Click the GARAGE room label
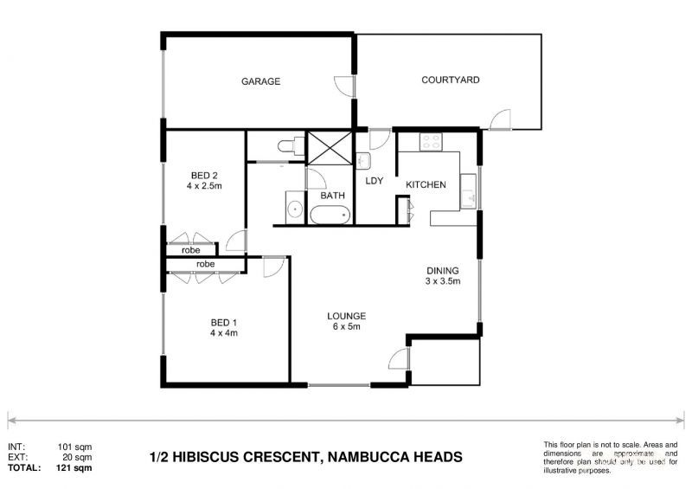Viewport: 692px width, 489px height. point(260,81)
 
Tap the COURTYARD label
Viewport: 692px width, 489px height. point(450,80)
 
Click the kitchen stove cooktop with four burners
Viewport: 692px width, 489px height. point(430,141)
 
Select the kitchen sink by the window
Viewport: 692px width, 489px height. point(468,190)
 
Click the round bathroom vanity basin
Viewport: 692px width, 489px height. point(293,208)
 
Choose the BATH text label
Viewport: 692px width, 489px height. point(332,196)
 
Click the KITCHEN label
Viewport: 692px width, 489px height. point(426,185)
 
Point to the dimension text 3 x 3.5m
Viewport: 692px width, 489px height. point(442,281)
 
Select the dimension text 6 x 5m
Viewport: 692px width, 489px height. point(346,327)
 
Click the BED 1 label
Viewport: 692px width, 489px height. point(223,322)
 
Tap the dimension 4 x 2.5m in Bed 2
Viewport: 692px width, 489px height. point(205,186)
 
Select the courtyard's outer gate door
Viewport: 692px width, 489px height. point(499,121)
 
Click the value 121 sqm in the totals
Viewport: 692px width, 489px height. point(74,467)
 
